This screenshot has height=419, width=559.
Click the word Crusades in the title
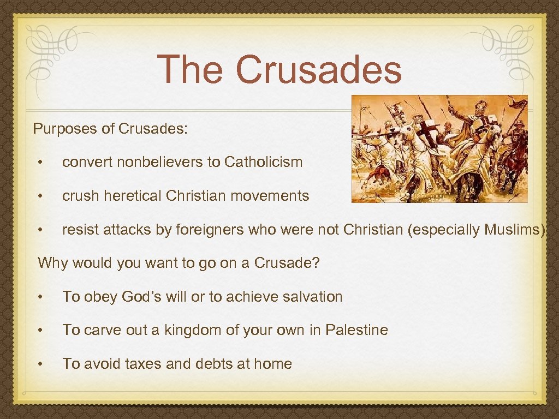(x=319, y=70)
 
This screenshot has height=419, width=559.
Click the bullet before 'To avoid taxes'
(x=40, y=364)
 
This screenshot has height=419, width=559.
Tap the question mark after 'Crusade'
(x=316, y=264)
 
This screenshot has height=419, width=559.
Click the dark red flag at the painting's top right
(x=516, y=102)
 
